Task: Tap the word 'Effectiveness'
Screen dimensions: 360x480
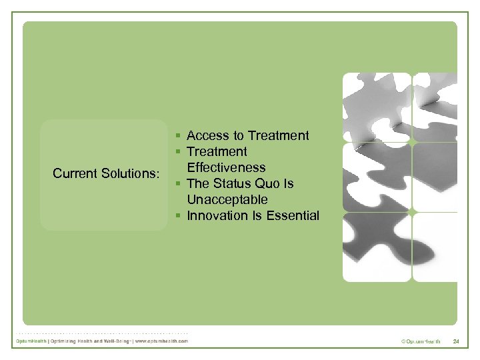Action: point(226,168)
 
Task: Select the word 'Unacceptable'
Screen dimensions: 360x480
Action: point(227,200)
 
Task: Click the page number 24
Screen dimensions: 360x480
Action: point(456,342)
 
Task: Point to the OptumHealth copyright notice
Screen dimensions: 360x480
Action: point(421,342)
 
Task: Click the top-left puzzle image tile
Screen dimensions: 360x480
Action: point(377,107)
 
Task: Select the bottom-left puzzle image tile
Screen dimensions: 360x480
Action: point(377,247)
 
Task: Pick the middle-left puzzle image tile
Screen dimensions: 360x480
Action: point(377,177)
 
